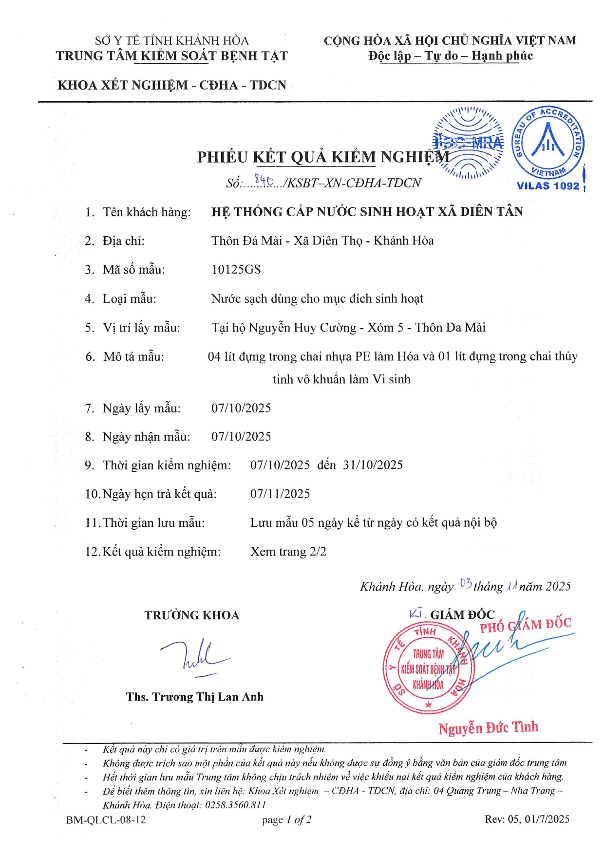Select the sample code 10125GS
236,270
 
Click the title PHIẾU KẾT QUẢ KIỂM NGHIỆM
323,157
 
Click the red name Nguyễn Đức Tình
488,728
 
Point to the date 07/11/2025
280,494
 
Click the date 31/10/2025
373,465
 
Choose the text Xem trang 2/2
288,552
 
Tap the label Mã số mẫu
133,270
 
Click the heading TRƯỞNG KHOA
191,615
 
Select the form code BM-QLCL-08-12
106,819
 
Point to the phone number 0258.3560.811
235,805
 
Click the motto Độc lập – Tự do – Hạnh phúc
450,56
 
